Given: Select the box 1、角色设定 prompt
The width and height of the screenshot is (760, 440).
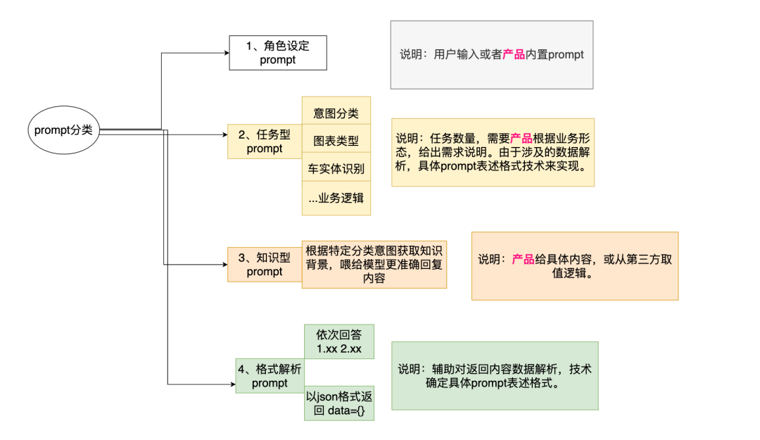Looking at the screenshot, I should coord(277,53).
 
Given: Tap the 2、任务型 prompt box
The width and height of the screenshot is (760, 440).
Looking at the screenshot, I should coord(265,141).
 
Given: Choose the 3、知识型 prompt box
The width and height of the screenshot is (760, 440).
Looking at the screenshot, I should coord(265,265).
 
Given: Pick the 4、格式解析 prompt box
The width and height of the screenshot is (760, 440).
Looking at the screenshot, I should coord(270,375).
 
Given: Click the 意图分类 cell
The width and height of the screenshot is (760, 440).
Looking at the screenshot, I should coord(336,113).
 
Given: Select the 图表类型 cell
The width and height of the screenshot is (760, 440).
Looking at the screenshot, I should coord(336,141).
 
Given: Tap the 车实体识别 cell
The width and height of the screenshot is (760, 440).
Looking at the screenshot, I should coord(336,169).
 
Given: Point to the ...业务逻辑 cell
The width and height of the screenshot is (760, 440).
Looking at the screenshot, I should coord(336,198).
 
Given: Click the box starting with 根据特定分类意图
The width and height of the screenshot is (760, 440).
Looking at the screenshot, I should coord(374,264).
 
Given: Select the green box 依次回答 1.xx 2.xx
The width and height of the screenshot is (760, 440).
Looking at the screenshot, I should coord(338,341).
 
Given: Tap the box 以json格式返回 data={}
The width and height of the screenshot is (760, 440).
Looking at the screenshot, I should coord(338,403).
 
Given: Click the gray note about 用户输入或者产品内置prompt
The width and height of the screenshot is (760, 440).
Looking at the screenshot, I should coord(491,54).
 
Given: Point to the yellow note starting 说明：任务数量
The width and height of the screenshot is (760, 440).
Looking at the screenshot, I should coord(493,152).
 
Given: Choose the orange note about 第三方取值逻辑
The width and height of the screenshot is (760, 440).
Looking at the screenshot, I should coord(574,266).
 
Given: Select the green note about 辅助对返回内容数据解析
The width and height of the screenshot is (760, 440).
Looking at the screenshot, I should coord(494,376).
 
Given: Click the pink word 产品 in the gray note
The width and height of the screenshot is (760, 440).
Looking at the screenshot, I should coord(514,54).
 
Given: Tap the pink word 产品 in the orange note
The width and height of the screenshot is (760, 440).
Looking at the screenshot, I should coord(523,259).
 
